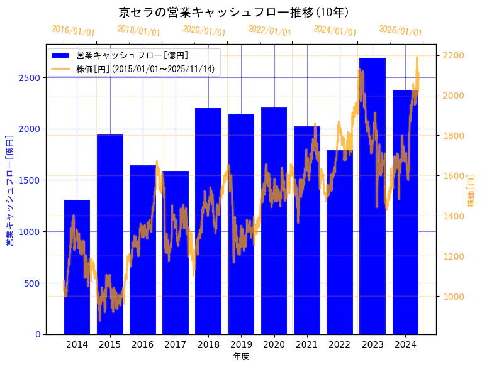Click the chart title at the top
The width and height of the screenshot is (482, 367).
234,12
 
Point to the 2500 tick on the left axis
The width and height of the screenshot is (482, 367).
30,77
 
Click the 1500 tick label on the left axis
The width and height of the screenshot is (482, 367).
30,180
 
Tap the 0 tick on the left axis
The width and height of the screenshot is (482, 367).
37,334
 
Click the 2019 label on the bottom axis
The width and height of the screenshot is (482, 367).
241,344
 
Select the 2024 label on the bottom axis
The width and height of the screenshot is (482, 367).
405,344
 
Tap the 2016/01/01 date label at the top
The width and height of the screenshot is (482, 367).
74,31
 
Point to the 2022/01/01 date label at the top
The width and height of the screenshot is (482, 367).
270,31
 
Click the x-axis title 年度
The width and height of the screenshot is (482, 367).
241,356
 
